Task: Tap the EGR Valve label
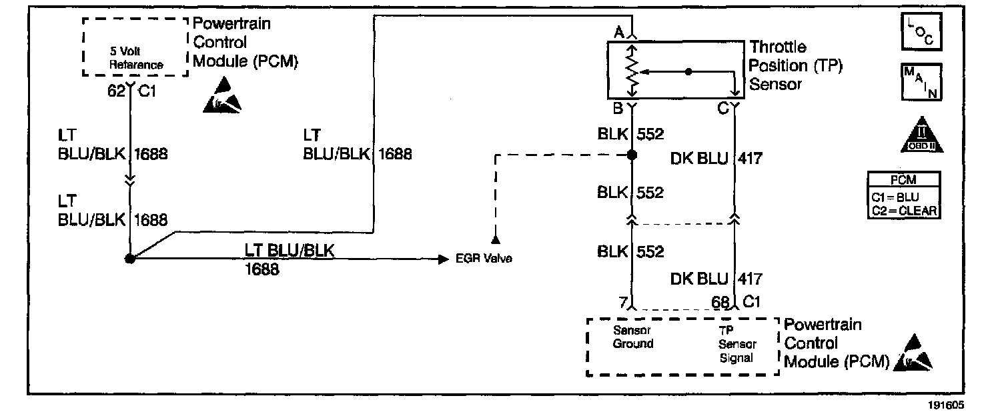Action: click(484, 259)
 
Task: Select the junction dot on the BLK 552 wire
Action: click(631, 155)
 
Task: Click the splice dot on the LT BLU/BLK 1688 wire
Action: click(129, 259)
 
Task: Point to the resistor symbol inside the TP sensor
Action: click(632, 69)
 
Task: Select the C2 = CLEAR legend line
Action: click(904, 211)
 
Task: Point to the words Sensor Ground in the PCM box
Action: click(632, 337)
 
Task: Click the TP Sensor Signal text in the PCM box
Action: click(736, 344)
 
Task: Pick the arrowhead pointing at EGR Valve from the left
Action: click(442, 259)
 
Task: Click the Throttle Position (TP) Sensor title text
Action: click(778, 65)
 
